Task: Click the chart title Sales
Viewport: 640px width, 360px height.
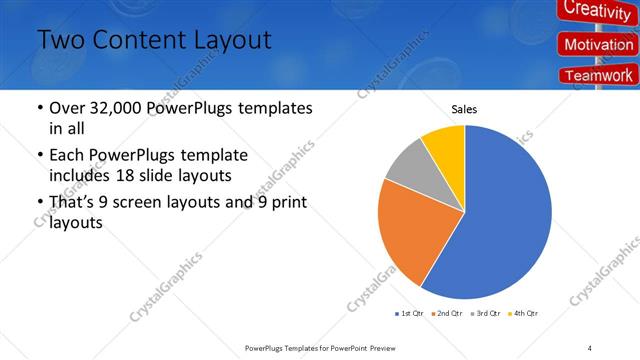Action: click(x=464, y=109)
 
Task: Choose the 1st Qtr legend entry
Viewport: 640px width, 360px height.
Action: click(x=409, y=314)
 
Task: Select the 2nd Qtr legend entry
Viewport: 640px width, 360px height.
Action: click(x=447, y=314)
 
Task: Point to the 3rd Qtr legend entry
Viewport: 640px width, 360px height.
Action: click(x=485, y=314)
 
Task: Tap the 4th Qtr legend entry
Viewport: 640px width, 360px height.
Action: click(x=523, y=314)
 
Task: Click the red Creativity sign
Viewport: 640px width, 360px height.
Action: click(x=597, y=10)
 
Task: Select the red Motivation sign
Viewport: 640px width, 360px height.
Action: click(x=598, y=45)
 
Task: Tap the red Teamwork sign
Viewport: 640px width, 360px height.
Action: click(x=598, y=75)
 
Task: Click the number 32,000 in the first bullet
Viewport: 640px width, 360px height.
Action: click(x=116, y=108)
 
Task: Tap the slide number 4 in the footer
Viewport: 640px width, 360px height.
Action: click(x=590, y=347)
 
